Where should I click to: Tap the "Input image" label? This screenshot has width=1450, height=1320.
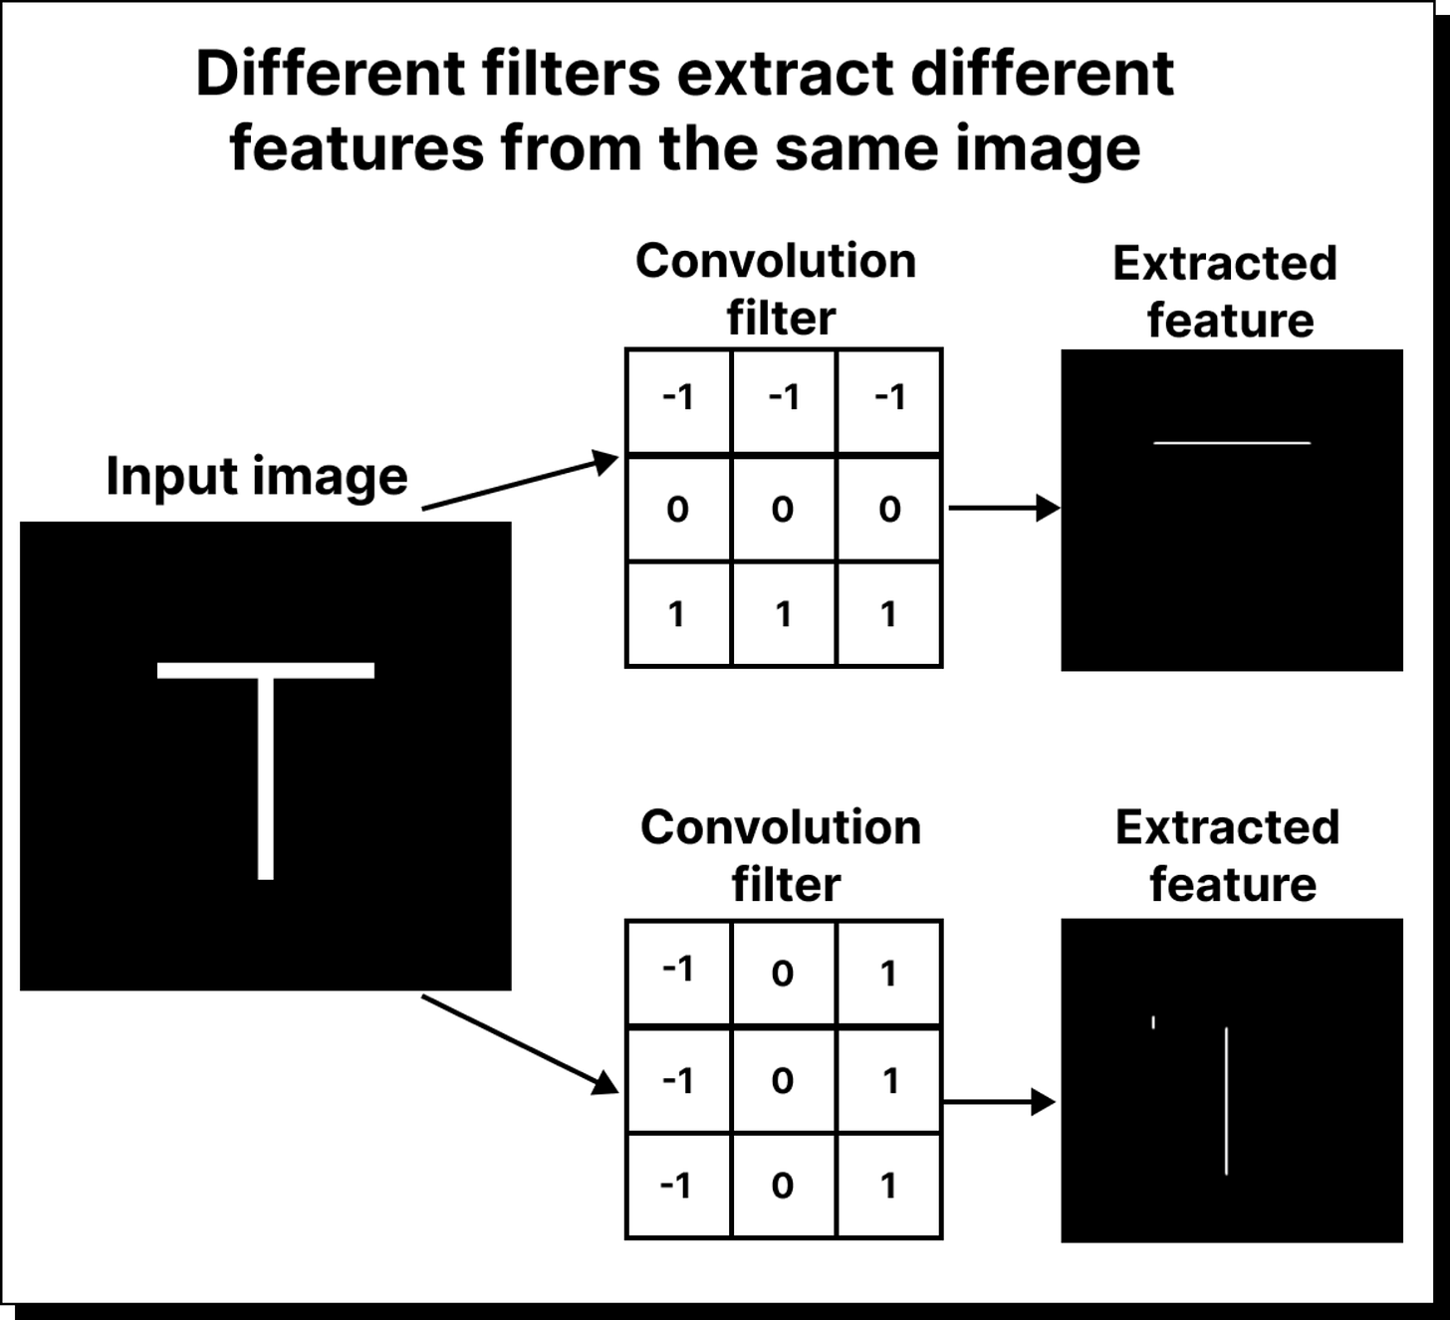pyautogui.click(x=256, y=476)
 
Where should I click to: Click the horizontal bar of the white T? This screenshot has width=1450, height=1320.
pyautogui.click(x=266, y=670)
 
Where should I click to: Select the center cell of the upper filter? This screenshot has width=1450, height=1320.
pyautogui.click(x=783, y=509)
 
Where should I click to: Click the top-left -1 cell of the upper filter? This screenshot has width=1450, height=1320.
pyautogui.click(x=677, y=398)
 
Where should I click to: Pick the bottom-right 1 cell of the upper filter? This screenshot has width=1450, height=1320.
pyautogui.click(x=888, y=614)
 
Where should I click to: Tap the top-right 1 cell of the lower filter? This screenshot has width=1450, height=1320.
pyautogui.click(x=888, y=973)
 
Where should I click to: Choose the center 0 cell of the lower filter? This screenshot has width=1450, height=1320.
pyautogui.click(x=783, y=1080)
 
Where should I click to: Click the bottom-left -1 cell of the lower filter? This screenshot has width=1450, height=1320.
pyautogui.click(x=677, y=1186)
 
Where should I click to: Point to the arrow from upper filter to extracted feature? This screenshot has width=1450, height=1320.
pyautogui.click(x=1003, y=508)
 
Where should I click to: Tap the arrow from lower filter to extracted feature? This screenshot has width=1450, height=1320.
pyautogui.click(x=998, y=1102)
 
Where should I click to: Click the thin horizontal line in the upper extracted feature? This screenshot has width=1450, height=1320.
pyautogui.click(x=1232, y=443)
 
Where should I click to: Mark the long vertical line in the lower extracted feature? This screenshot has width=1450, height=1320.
pyautogui.click(x=1226, y=1100)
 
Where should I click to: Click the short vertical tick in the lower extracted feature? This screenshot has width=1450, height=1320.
pyautogui.click(x=1153, y=1021)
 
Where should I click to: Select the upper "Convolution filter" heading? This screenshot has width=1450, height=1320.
pyautogui.click(x=777, y=290)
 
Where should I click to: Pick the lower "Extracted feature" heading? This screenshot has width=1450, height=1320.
pyautogui.click(x=1229, y=855)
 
